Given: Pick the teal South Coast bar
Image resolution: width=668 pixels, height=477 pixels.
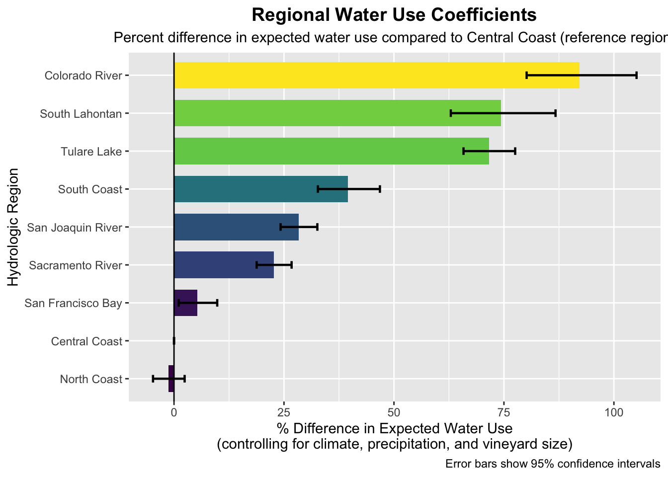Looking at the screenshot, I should coord(249,189).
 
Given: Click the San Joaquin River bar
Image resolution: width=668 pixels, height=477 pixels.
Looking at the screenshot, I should coord(229,227).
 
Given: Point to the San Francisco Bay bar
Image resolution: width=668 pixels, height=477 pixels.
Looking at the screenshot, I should coord(186,303).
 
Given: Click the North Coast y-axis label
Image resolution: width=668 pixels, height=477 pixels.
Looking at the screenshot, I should coord(91,380).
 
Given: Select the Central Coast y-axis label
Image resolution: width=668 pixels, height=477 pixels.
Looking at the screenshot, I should coord(86,341).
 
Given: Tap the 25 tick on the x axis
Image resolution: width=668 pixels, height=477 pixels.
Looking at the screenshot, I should coord(284,412).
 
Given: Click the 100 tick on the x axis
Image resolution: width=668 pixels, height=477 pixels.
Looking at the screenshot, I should coord(614,412).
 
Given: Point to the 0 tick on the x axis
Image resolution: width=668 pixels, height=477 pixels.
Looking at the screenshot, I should coord(174,412).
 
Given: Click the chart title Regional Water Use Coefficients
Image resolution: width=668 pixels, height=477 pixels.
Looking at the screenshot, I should coord(394,15).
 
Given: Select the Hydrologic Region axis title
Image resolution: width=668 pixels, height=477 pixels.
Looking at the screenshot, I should coord(13,227).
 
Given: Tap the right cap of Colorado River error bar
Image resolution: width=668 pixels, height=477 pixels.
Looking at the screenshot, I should coord(636,75).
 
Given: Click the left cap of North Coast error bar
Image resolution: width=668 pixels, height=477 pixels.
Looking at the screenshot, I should coord(153,379).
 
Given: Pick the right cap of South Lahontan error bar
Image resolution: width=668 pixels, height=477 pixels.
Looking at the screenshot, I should coord(555,113).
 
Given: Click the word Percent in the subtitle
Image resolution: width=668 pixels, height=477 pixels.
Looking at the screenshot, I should coord(136,38).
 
